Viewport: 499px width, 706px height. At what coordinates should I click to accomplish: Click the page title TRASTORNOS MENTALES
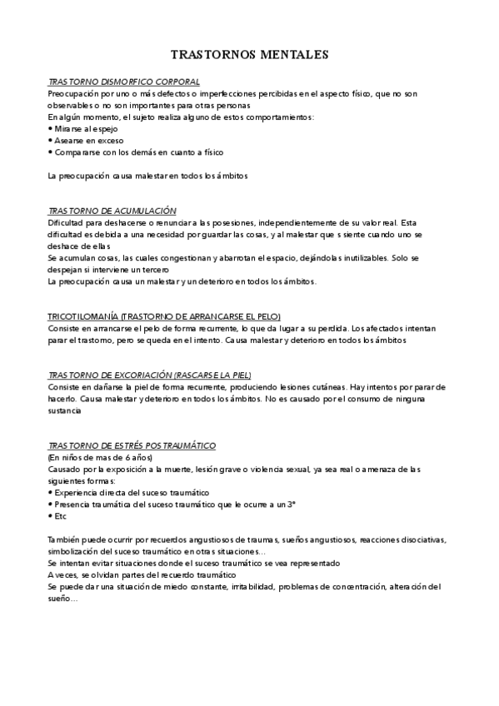click(x=249, y=55)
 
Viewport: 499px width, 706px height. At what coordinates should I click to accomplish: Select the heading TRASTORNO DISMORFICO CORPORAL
click(x=124, y=82)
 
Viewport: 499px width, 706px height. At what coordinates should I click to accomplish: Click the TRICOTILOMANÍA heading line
click(x=165, y=317)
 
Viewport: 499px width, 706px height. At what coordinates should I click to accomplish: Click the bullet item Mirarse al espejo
click(x=86, y=129)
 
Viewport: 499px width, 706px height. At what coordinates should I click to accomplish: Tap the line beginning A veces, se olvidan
click(x=142, y=575)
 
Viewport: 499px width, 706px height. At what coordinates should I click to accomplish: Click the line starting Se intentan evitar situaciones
click(x=175, y=564)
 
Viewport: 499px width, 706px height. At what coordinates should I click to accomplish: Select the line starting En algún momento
click(x=181, y=117)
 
